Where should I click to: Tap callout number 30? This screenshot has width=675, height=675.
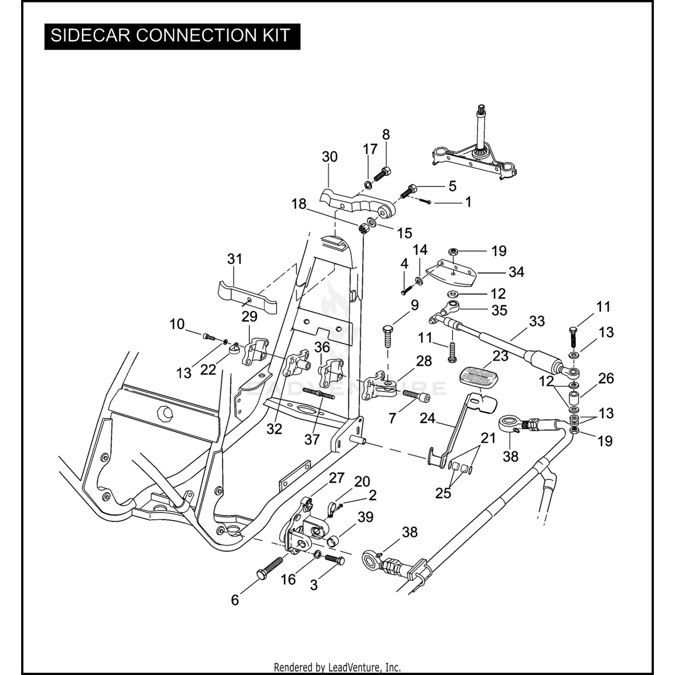(x=329, y=157)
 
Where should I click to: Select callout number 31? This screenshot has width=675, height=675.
(x=234, y=259)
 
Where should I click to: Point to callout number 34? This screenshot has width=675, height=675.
(x=516, y=272)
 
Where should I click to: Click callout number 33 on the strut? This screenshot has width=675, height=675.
(x=537, y=321)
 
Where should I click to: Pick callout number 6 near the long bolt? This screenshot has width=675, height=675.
(x=234, y=600)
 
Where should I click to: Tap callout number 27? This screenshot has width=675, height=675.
(x=337, y=478)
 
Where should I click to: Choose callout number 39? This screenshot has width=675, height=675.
(x=365, y=517)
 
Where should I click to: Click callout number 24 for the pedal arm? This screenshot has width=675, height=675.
(x=427, y=418)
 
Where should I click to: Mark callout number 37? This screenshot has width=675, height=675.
(x=312, y=439)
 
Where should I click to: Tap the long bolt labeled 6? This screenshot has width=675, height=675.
(x=270, y=568)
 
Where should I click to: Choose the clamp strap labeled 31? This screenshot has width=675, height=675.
(x=247, y=297)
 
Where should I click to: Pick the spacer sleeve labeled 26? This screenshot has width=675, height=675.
(x=574, y=398)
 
